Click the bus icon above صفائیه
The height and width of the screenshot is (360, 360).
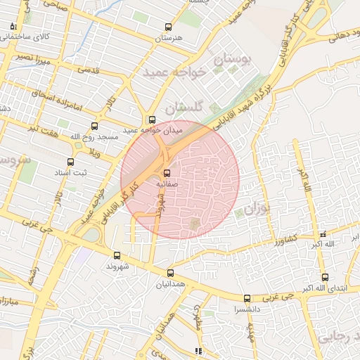pyautogui.click(x=167, y=173)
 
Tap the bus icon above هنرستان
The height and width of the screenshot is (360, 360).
pyautogui.click(x=167, y=27)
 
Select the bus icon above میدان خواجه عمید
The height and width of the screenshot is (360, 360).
pyautogui.click(x=152, y=120)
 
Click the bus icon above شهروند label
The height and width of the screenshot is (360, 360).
pyautogui.click(x=117, y=256)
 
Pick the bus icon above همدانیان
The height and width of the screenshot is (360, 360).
pyautogui.click(x=170, y=273)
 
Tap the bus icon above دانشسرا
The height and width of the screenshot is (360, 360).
pyautogui.click(x=246, y=298)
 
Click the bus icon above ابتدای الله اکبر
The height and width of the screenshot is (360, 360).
pyautogui.click(x=324, y=277)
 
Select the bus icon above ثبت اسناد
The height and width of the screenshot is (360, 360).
pyautogui.click(x=69, y=161)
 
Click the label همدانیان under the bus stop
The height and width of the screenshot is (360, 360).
pyautogui.click(x=169, y=283)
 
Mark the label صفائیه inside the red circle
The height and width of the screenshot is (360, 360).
pyautogui.click(x=167, y=183)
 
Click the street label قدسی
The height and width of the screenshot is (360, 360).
pyautogui.click(x=89, y=70)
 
